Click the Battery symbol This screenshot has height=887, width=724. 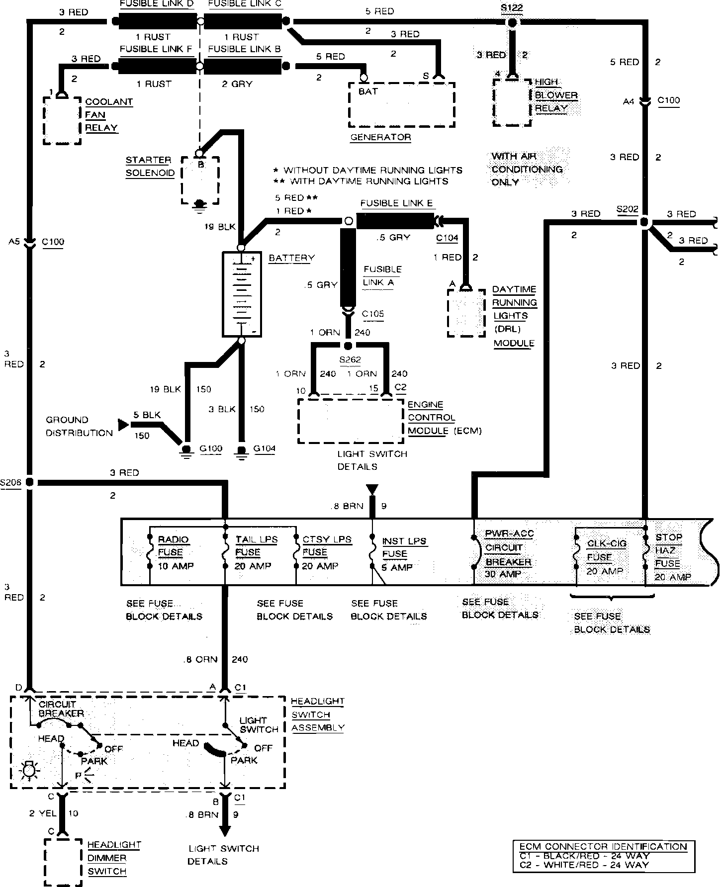241,294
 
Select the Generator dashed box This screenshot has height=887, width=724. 402,104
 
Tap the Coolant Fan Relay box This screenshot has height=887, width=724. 62,120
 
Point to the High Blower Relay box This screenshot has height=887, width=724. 512,102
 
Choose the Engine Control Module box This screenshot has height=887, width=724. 350,420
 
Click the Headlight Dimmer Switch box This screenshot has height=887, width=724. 63,862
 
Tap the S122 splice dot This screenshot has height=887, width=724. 512,22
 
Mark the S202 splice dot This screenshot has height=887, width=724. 644,223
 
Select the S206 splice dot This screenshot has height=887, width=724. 29,482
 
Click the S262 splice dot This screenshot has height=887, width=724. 348,346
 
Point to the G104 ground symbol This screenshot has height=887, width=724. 242,450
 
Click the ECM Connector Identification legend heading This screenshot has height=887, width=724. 603,847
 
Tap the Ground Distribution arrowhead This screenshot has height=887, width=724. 122,424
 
